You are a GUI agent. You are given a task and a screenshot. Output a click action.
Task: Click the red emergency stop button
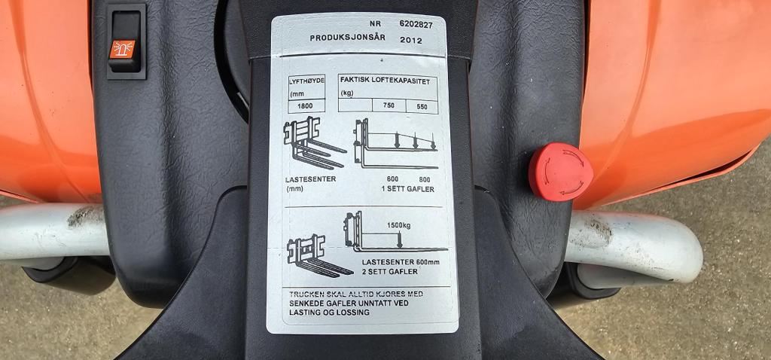click(560, 172)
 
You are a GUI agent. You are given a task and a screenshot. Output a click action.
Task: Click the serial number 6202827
click(416, 25)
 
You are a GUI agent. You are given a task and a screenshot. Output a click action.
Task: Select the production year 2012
click(411, 41)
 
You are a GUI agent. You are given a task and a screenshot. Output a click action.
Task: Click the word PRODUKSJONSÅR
click(348, 38)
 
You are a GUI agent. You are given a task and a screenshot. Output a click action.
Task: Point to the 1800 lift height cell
click(306, 105)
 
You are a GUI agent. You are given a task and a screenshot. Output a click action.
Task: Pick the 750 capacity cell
click(389, 105)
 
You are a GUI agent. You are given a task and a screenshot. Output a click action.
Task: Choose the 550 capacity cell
click(422, 106)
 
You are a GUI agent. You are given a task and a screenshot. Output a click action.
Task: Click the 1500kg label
click(399, 225)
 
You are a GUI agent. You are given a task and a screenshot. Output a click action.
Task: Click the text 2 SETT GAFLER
click(390, 271)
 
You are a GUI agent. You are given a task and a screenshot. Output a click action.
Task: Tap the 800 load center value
click(425, 179)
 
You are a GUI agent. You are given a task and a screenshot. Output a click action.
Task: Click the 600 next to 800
click(392, 178)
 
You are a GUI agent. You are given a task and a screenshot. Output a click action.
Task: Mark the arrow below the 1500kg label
click(399, 239)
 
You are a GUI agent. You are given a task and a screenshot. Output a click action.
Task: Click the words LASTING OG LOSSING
click(330, 313)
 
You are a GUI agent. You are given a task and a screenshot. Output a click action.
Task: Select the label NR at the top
click(375, 23)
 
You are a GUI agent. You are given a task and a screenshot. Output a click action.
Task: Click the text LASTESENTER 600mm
click(401, 262)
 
